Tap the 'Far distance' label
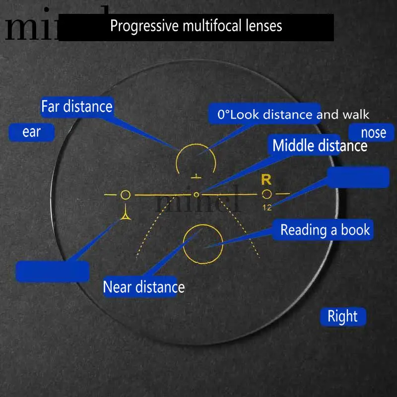tap(76, 107)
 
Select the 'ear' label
tap(31, 132)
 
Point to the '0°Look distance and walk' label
tap(293, 115)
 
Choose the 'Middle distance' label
tap(320, 145)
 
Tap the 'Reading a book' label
tap(325, 230)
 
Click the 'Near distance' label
tap(143, 287)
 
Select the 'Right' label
tap(342, 317)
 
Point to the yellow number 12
tap(267, 207)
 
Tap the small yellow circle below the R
tap(267, 194)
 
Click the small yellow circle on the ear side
tap(126, 195)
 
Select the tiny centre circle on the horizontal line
tap(197, 195)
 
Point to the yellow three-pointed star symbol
tap(126, 214)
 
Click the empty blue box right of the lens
tap(358, 177)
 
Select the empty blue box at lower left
tap(53, 271)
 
